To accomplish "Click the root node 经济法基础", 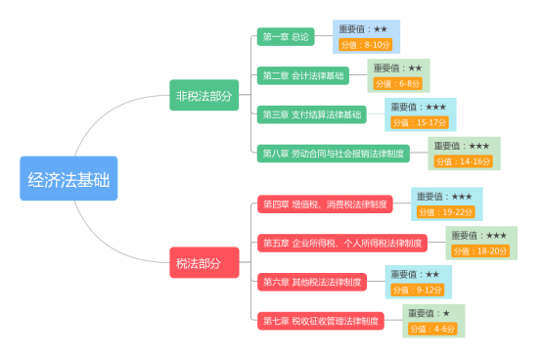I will tap(68, 179).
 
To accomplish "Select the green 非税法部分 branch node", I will tap(203, 95).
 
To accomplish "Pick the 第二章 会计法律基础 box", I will tap(303, 75).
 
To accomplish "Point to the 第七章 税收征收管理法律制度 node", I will tap(321, 321).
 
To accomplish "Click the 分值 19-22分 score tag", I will tap(444, 211).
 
